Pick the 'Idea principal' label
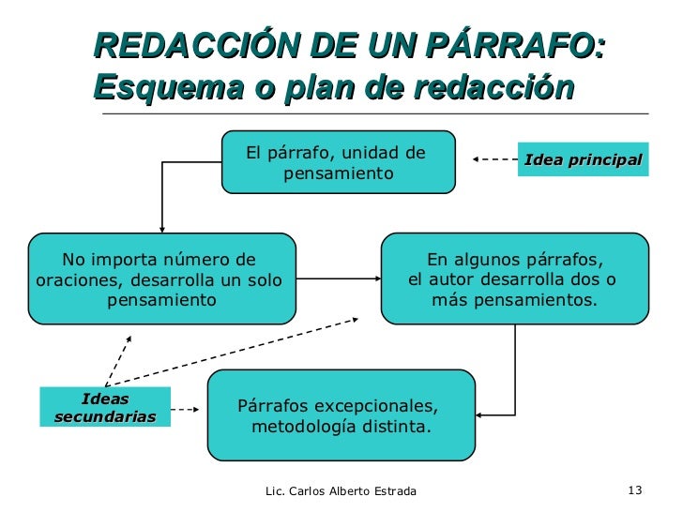(x=583, y=159)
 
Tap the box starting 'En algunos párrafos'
(x=514, y=279)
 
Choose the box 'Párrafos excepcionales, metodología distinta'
(x=341, y=415)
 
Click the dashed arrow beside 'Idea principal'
(x=493, y=159)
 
